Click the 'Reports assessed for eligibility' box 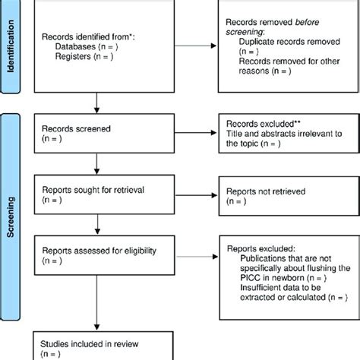[97, 254]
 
